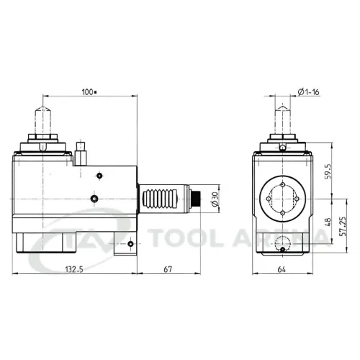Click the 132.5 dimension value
(74, 269)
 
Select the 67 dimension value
(168, 269)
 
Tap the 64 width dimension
(282, 270)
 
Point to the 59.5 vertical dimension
(328, 171)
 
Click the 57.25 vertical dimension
(343, 227)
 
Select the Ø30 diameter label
(215, 199)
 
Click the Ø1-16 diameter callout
(308, 92)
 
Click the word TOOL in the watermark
(186, 238)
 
